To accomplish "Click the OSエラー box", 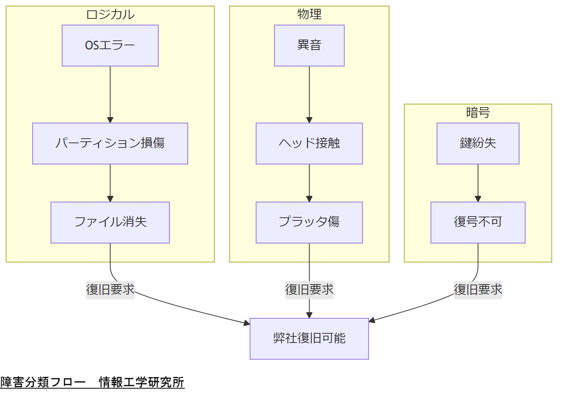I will [x=110, y=46].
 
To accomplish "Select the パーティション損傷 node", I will [x=110, y=144].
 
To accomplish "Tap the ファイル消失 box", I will [x=110, y=222].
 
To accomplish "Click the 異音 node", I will [x=309, y=46].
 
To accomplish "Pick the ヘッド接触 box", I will [x=309, y=144].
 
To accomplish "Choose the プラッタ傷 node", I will [x=309, y=222].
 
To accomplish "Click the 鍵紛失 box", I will [x=478, y=144].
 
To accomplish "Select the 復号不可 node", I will [x=478, y=222].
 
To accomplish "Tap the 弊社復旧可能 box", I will [x=309, y=339].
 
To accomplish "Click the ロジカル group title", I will [x=110, y=15].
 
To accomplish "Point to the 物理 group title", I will [x=309, y=15].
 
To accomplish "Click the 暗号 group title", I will [x=478, y=113].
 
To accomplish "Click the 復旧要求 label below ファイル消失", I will [x=110, y=290].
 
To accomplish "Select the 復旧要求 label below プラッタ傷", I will [x=309, y=290].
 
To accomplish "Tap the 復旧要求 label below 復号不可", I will [x=478, y=290].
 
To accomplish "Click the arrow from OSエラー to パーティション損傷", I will [x=110, y=94].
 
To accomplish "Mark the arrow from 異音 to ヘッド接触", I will [x=309, y=94].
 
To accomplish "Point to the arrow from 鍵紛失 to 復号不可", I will [x=478, y=183].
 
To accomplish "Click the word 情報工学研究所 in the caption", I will [x=141, y=382].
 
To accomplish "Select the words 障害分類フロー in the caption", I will [x=43, y=382].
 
